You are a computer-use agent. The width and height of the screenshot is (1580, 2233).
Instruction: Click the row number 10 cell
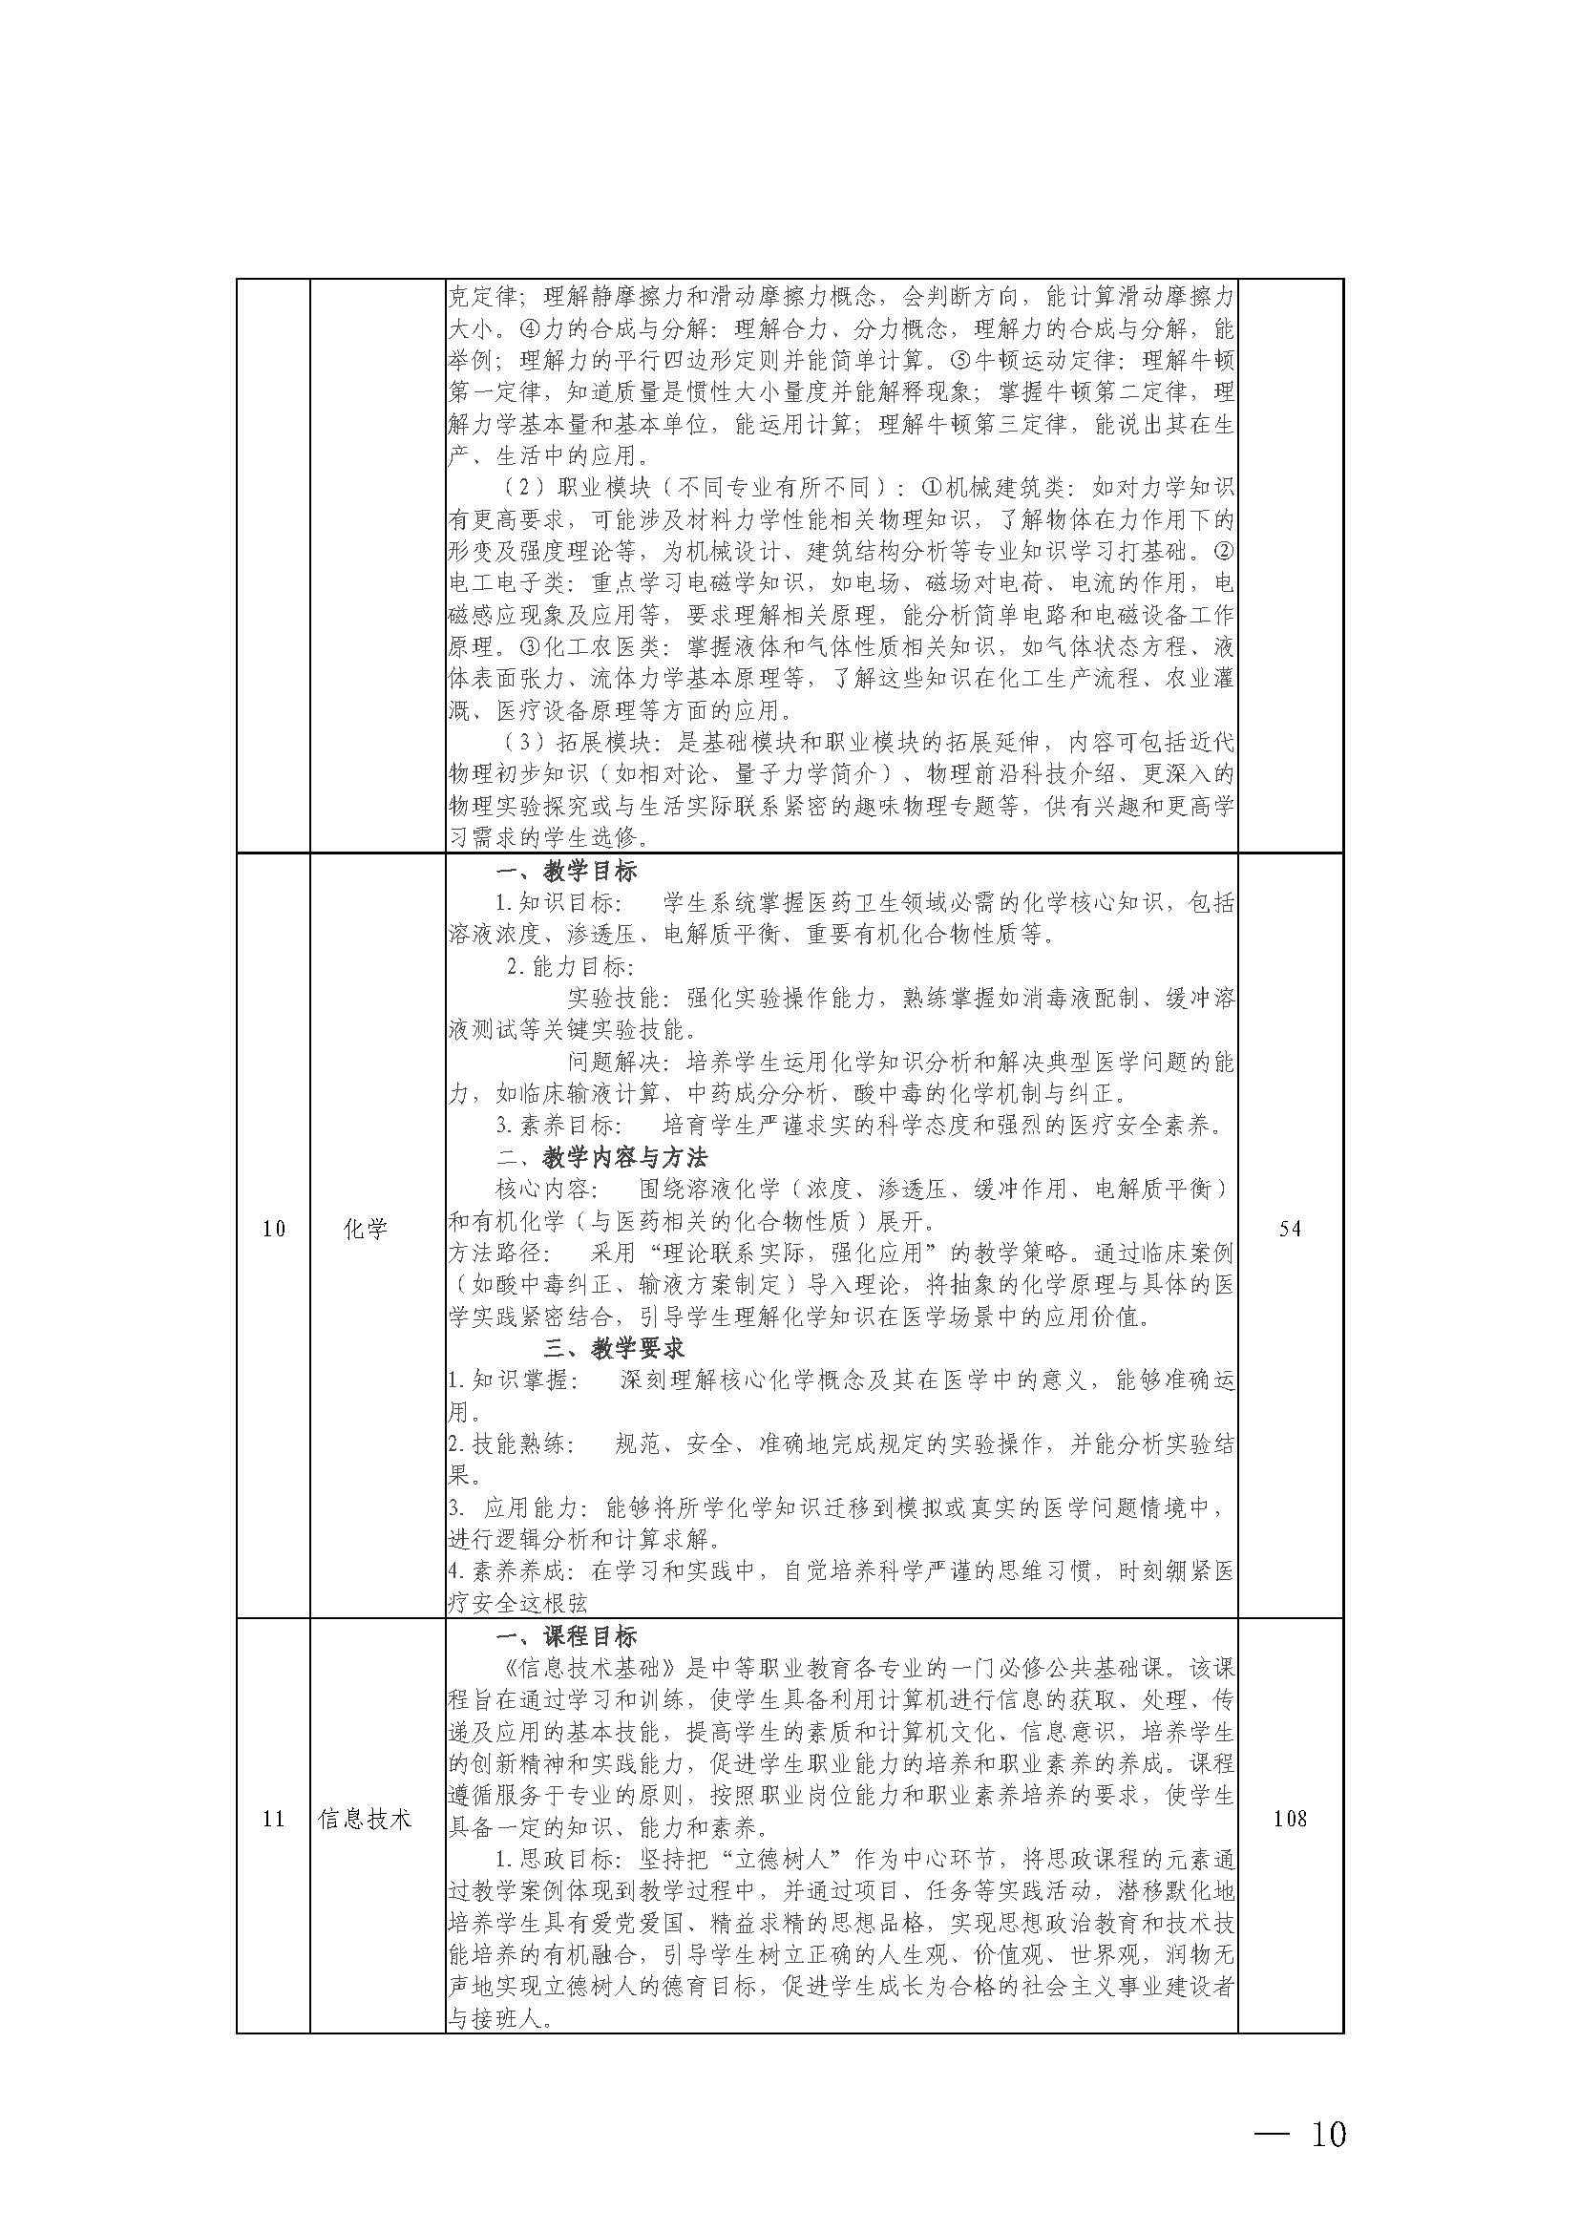273,1229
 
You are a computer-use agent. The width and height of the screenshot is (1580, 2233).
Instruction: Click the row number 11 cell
273,1819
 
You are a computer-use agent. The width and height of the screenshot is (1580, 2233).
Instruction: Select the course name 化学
366,1229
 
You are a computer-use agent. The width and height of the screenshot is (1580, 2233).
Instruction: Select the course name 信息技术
366,1819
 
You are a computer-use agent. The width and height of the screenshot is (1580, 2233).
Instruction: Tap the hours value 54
1290,1229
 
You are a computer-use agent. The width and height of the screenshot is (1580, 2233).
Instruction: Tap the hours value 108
1290,1819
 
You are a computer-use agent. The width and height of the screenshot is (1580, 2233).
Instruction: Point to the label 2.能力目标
570,967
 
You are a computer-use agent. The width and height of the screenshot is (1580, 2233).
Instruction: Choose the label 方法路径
492,1253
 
